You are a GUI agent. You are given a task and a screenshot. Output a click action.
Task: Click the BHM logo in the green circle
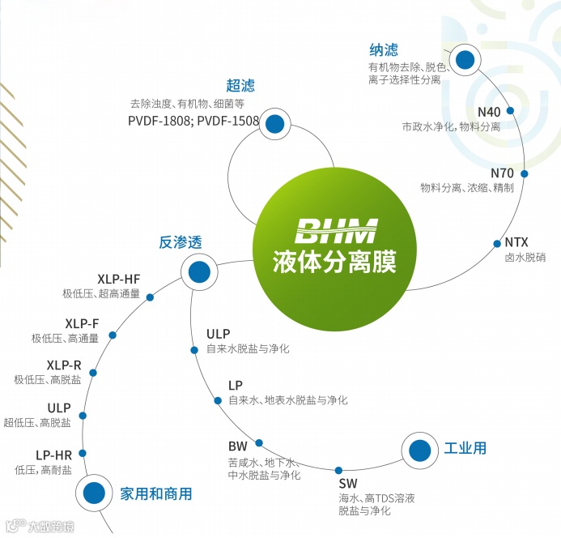click(336, 230)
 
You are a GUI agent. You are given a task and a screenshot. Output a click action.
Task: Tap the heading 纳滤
click(383, 50)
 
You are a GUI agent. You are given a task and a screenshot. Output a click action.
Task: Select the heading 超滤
click(240, 86)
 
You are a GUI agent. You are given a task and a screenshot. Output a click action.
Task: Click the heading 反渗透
click(180, 241)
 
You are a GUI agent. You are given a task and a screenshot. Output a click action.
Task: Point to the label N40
click(490, 112)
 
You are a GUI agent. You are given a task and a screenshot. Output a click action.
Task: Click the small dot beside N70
click(524, 173)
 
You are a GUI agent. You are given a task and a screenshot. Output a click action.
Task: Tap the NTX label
click(516, 241)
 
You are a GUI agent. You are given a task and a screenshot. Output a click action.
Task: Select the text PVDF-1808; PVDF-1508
click(193, 122)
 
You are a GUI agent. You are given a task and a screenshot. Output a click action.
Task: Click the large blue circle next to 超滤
click(275, 124)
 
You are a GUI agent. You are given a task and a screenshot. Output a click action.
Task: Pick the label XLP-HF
click(119, 279)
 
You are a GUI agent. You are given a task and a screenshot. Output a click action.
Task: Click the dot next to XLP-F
click(113, 335)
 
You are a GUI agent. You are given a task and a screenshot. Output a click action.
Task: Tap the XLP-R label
click(64, 365)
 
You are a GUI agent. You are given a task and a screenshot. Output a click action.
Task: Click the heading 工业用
click(465, 447)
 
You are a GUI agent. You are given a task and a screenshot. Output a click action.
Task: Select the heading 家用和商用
click(156, 493)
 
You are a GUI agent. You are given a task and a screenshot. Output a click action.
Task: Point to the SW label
click(347, 484)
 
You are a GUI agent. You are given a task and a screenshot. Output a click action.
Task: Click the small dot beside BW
click(259, 442)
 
